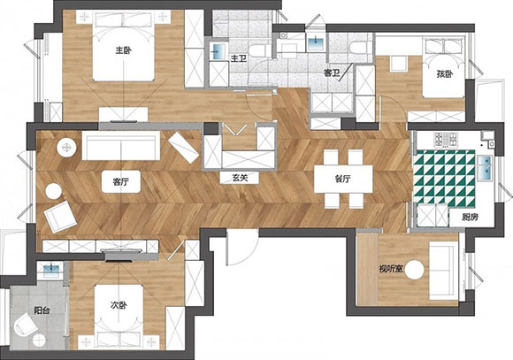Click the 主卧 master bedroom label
pos(123,50)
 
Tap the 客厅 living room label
pos(120,181)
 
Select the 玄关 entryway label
pos(240,178)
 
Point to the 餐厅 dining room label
pos(343,179)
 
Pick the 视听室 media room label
pos(390,269)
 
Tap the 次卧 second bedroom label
pos(119,305)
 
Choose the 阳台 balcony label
pos(42,310)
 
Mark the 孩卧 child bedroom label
pos(445,74)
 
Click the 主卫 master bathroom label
pos(239,59)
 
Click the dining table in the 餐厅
pos(343,179)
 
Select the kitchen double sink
pos(485,167)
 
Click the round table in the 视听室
pos(415,270)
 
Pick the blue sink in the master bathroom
pos(218,50)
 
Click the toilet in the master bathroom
pos(260,50)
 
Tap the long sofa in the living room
pos(121,146)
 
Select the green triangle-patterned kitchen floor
pos(444,179)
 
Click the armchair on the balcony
pos(25,324)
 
